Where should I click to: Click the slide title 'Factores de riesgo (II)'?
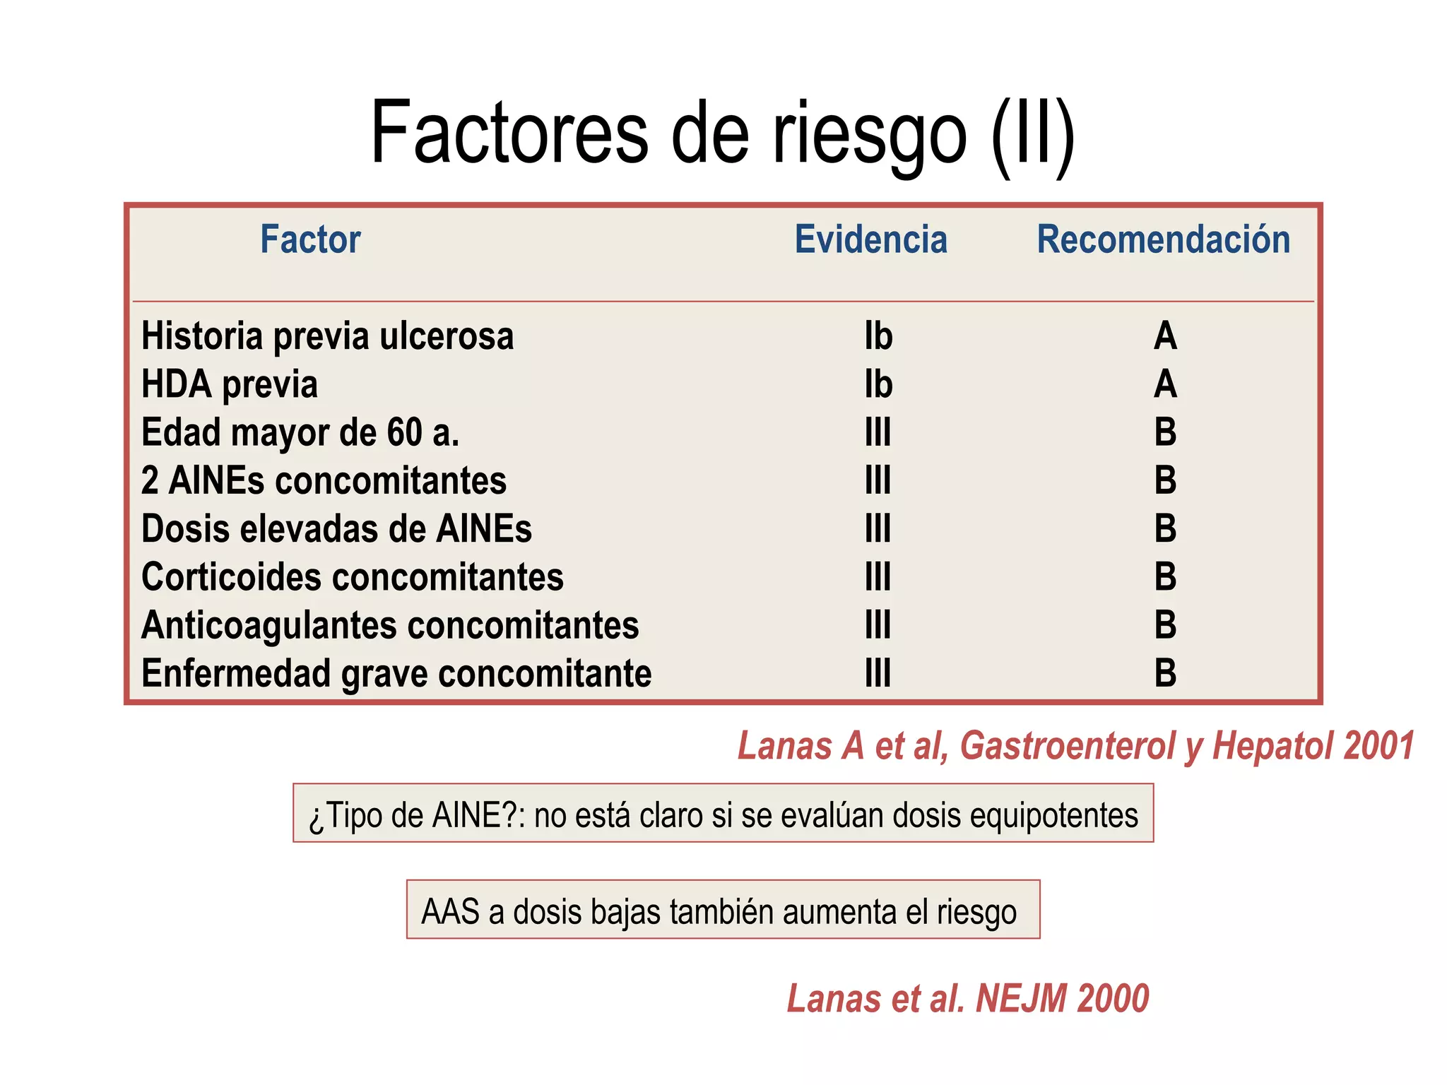(x=722, y=134)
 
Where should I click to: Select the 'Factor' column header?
(x=310, y=239)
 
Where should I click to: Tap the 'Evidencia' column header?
(x=870, y=239)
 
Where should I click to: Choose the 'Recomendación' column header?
(x=1163, y=239)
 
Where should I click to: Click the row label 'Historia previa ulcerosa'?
(x=327, y=336)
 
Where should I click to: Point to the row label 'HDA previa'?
(x=230, y=385)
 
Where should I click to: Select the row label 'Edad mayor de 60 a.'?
(x=300, y=432)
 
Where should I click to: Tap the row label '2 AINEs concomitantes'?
(x=324, y=481)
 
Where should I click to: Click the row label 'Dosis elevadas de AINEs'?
(x=336, y=529)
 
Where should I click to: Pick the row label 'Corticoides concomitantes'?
(x=352, y=577)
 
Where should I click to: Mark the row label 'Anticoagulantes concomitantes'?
(x=390, y=626)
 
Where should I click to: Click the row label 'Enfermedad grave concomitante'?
(x=396, y=674)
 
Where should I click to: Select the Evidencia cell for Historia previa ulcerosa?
(x=878, y=336)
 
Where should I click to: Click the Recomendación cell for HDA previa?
(x=1165, y=385)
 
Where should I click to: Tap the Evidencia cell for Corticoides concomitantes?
(x=878, y=577)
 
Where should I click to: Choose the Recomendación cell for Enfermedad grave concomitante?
(x=1165, y=674)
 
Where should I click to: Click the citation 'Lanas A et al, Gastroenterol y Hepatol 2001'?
(x=1075, y=746)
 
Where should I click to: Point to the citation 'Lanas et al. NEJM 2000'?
(x=968, y=999)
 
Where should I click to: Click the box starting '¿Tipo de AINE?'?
(x=723, y=814)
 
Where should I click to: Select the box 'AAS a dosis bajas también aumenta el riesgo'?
(x=723, y=910)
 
